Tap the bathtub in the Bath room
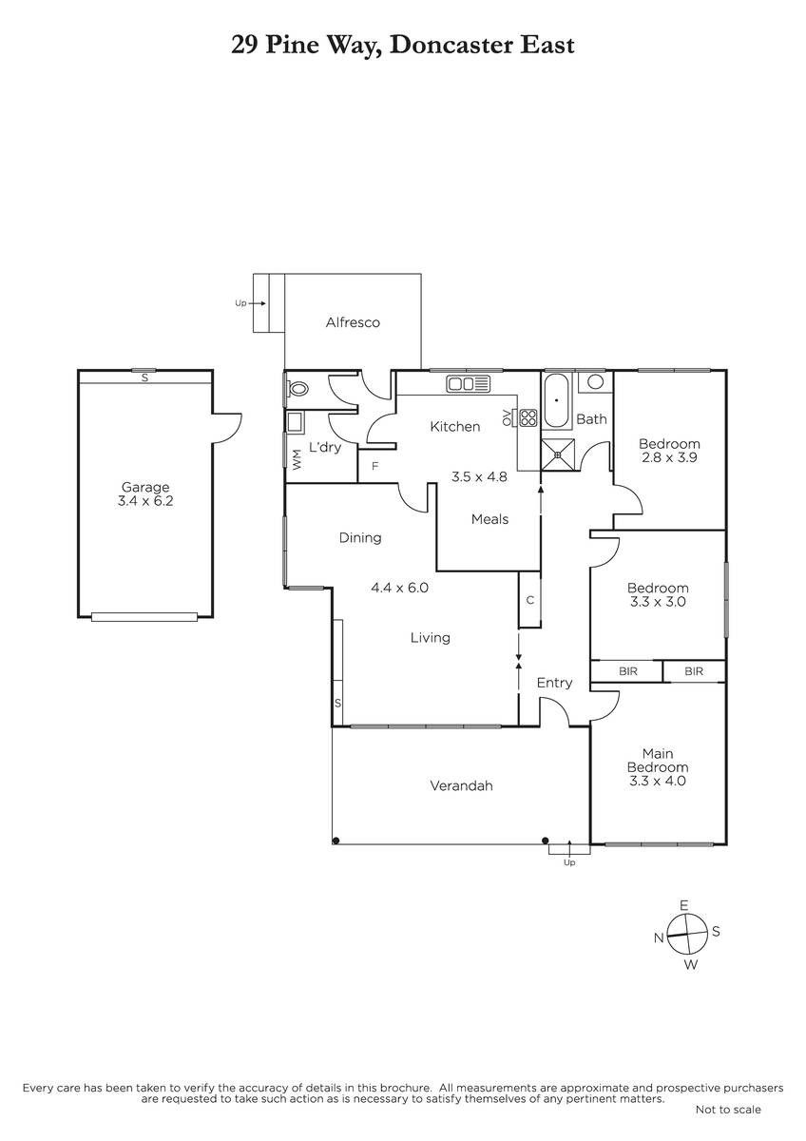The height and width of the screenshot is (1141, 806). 556,401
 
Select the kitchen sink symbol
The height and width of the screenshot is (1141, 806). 468,383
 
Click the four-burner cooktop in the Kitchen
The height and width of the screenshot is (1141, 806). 528,417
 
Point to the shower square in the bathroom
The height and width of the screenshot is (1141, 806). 558,454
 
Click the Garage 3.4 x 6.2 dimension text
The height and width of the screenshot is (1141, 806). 145,501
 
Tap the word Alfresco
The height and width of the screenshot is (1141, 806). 353,322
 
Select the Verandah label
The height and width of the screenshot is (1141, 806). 461,785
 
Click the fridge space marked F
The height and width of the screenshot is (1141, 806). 374,466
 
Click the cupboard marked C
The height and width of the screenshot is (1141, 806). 529,600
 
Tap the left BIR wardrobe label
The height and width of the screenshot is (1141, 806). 628,671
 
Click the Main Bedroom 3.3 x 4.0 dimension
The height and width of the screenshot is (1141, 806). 658,781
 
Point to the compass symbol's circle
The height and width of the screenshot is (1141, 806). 687,934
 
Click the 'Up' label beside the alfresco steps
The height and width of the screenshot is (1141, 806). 240,303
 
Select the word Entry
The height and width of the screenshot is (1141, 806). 554,683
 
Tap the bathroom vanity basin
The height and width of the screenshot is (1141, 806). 595,381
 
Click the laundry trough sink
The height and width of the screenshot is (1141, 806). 295,422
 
